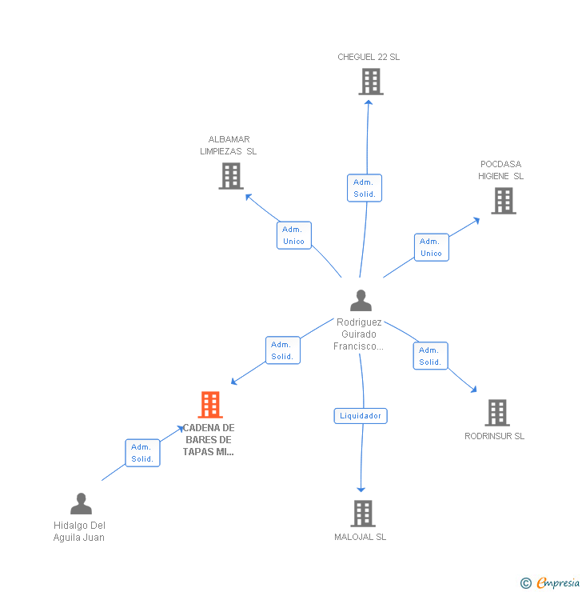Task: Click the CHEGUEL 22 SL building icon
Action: pyautogui.click(x=370, y=82)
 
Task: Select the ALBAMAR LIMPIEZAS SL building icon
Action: pyautogui.click(x=231, y=176)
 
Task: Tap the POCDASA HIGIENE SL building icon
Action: pyautogui.click(x=503, y=201)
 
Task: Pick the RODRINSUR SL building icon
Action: pyautogui.click(x=497, y=413)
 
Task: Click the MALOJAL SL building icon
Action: pyautogui.click(x=362, y=514)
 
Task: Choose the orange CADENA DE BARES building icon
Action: pyautogui.click(x=209, y=405)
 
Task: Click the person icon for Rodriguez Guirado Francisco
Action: pyautogui.click(x=361, y=301)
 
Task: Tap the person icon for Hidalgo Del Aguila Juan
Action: pyautogui.click(x=81, y=504)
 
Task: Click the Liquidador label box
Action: pyautogui.click(x=361, y=416)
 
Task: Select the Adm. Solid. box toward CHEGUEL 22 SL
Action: pyautogui.click(x=365, y=188)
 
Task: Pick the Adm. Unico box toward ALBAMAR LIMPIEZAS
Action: pyautogui.click(x=293, y=235)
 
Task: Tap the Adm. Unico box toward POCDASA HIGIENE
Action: pyautogui.click(x=431, y=247)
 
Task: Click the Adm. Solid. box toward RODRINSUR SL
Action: pyautogui.click(x=430, y=356)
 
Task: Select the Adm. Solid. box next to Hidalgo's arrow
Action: pyautogui.click(x=142, y=453)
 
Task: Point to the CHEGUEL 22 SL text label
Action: pyautogui.click(x=369, y=57)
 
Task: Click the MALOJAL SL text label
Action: pyautogui.click(x=360, y=537)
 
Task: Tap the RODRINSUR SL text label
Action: pyautogui.click(x=495, y=436)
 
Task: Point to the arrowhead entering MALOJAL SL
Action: pyautogui.click(x=361, y=490)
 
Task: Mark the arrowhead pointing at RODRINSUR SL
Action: pyautogui.click(x=474, y=390)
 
